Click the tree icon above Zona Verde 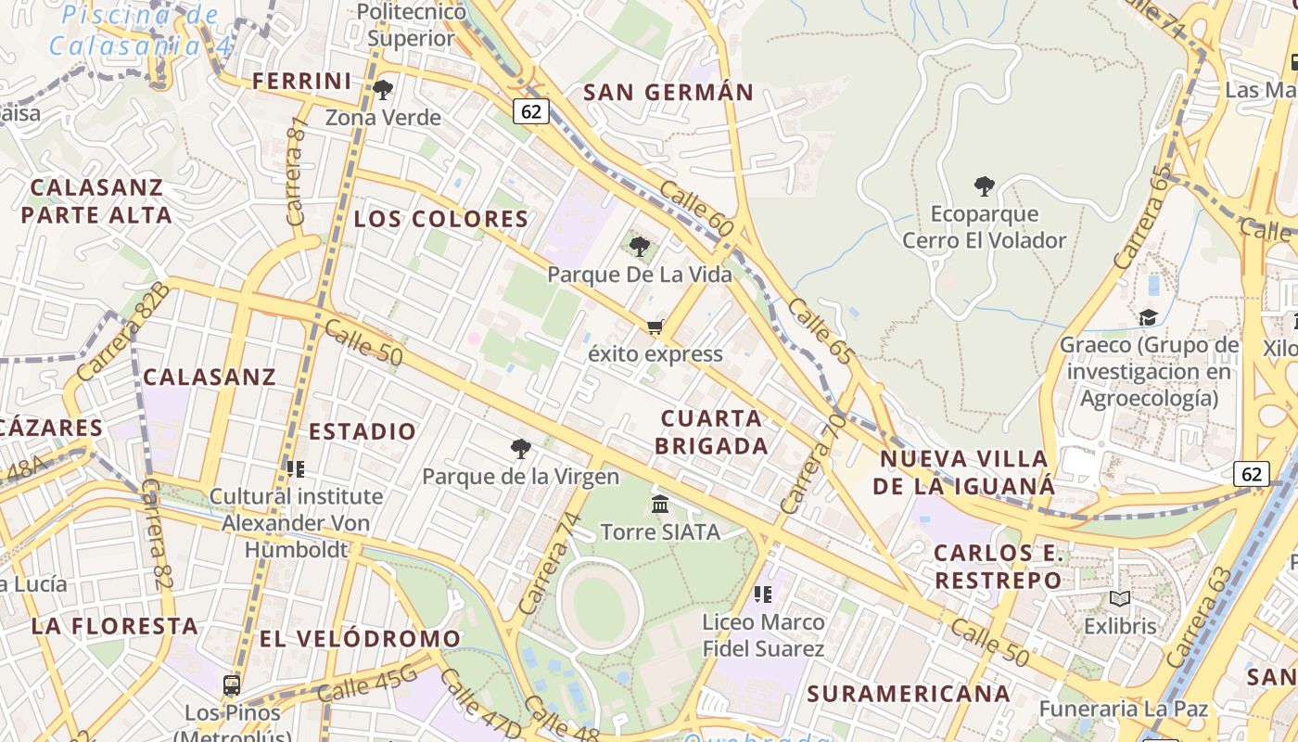click(x=382, y=90)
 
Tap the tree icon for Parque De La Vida click(x=639, y=246)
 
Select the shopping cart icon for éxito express click(x=655, y=326)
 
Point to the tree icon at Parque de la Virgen click(x=521, y=449)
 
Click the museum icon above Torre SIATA click(x=660, y=504)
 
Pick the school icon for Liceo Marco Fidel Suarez click(x=763, y=594)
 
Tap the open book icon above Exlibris click(x=1120, y=599)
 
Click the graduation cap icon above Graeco click(x=1148, y=317)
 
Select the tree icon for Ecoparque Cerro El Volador click(x=985, y=186)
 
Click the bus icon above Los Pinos click(x=232, y=685)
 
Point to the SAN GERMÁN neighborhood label click(x=668, y=93)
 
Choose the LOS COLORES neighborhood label click(x=441, y=220)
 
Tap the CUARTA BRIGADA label click(x=712, y=432)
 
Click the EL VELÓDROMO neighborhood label click(x=360, y=639)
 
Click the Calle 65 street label click(x=820, y=330)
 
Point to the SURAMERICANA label click(x=909, y=694)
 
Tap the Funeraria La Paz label click(x=1124, y=710)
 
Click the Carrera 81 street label click(x=297, y=172)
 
